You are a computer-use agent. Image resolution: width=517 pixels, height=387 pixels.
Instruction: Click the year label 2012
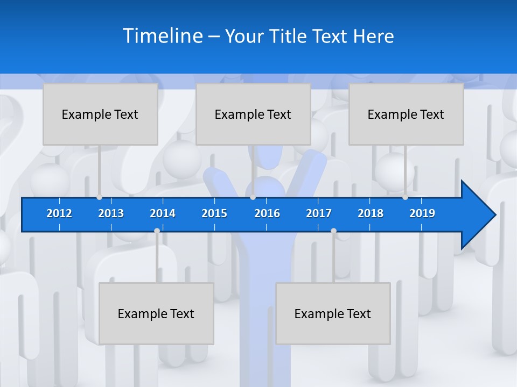pos(59,213)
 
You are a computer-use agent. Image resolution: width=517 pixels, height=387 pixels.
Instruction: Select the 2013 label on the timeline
pos(111,213)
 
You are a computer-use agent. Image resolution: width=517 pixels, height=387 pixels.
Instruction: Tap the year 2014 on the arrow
pos(163,213)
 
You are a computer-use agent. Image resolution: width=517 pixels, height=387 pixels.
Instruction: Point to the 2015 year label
pos(214,213)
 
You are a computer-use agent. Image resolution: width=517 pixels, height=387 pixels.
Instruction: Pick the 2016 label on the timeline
pos(267,213)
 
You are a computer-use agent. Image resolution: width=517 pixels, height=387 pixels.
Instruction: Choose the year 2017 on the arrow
pos(319,213)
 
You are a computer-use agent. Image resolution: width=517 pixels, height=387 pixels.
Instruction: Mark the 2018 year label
pos(371,213)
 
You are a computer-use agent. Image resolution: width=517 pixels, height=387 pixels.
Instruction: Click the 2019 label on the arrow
pos(422,213)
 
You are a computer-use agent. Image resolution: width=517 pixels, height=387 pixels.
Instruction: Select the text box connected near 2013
pos(100,114)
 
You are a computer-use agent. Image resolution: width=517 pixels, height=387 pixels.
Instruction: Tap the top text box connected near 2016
pos(253,114)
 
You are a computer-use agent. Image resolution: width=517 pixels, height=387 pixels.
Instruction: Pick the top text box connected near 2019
pos(406,114)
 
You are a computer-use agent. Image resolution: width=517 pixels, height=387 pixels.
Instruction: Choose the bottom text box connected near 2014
pos(156,313)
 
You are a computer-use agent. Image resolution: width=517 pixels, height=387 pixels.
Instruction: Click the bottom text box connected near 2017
pos(333,313)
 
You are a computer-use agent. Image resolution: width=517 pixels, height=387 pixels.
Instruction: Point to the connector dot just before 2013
pos(100,197)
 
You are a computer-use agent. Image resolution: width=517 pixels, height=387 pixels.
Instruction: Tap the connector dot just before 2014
pos(157,231)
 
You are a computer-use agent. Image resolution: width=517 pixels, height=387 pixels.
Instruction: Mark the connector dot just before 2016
pos(253,197)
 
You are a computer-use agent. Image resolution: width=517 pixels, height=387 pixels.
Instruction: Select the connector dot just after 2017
pos(333,231)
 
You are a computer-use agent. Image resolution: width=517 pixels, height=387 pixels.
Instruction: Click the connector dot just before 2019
pos(405,197)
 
